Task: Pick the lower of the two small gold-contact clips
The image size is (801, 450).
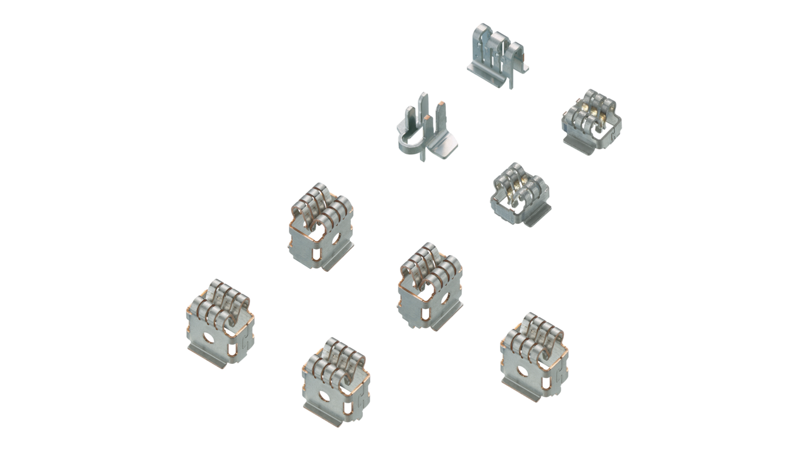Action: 520,195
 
